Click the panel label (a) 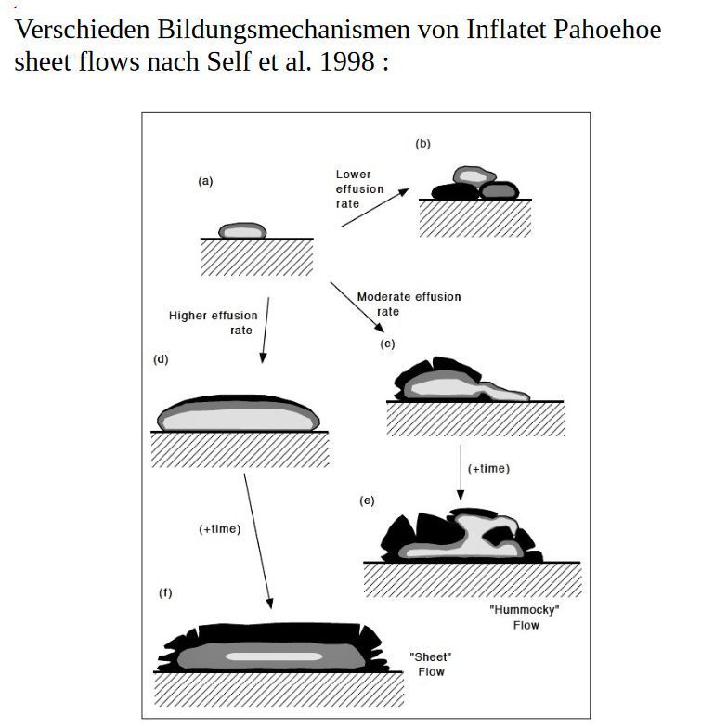pyautogui.click(x=205, y=181)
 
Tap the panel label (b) pyautogui.click(x=422, y=144)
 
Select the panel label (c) pyautogui.click(x=387, y=344)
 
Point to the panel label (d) pyautogui.click(x=161, y=358)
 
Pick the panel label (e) pyautogui.click(x=367, y=500)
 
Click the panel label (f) pyautogui.click(x=165, y=592)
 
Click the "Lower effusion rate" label pyautogui.click(x=358, y=188)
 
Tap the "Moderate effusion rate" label pyautogui.click(x=408, y=304)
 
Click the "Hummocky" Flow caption pyautogui.click(x=525, y=617)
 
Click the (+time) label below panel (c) pyautogui.click(x=488, y=468)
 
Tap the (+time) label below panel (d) pyautogui.click(x=219, y=528)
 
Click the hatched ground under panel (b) pyautogui.click(x=474, y=218)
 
